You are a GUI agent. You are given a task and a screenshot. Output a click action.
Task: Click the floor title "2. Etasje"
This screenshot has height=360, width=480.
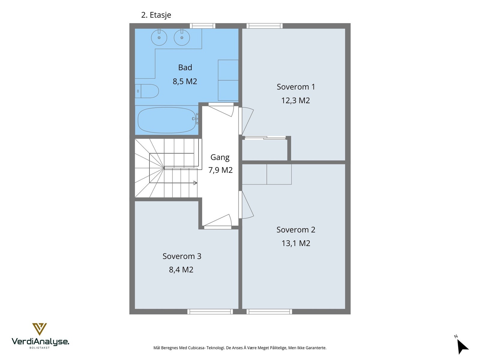click(156, 15)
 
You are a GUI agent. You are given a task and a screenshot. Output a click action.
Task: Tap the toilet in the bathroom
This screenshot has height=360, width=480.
click(147, 91)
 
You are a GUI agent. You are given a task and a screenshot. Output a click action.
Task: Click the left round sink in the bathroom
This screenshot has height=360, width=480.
click(159, 37)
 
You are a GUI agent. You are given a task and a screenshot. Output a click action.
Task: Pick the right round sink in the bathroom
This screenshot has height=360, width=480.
click(182, 37)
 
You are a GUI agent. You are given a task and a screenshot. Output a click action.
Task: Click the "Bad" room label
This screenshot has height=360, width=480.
click(185, 67)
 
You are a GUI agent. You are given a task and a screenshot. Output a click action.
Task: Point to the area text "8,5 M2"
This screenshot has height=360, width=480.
click(185, 81)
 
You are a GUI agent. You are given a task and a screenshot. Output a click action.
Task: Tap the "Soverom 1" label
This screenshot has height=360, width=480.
click(296, 87)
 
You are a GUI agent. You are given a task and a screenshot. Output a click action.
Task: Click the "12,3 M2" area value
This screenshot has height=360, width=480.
click(295, 100)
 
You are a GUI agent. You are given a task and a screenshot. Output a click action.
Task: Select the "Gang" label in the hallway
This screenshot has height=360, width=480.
click(220, 157)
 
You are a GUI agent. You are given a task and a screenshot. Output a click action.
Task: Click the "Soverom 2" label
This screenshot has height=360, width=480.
click(296, 230)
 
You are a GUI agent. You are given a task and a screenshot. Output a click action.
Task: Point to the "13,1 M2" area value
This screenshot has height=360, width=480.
click(296, 243)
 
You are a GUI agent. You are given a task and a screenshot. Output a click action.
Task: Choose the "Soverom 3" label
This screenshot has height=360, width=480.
click(182, 256)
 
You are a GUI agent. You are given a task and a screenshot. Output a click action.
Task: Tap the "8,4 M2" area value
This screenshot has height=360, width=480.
click(181, 270)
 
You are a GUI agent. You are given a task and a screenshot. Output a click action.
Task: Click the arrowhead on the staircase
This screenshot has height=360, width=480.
click(195, 183)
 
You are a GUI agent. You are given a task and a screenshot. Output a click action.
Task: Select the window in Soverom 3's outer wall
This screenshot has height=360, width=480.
click(210, 312)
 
